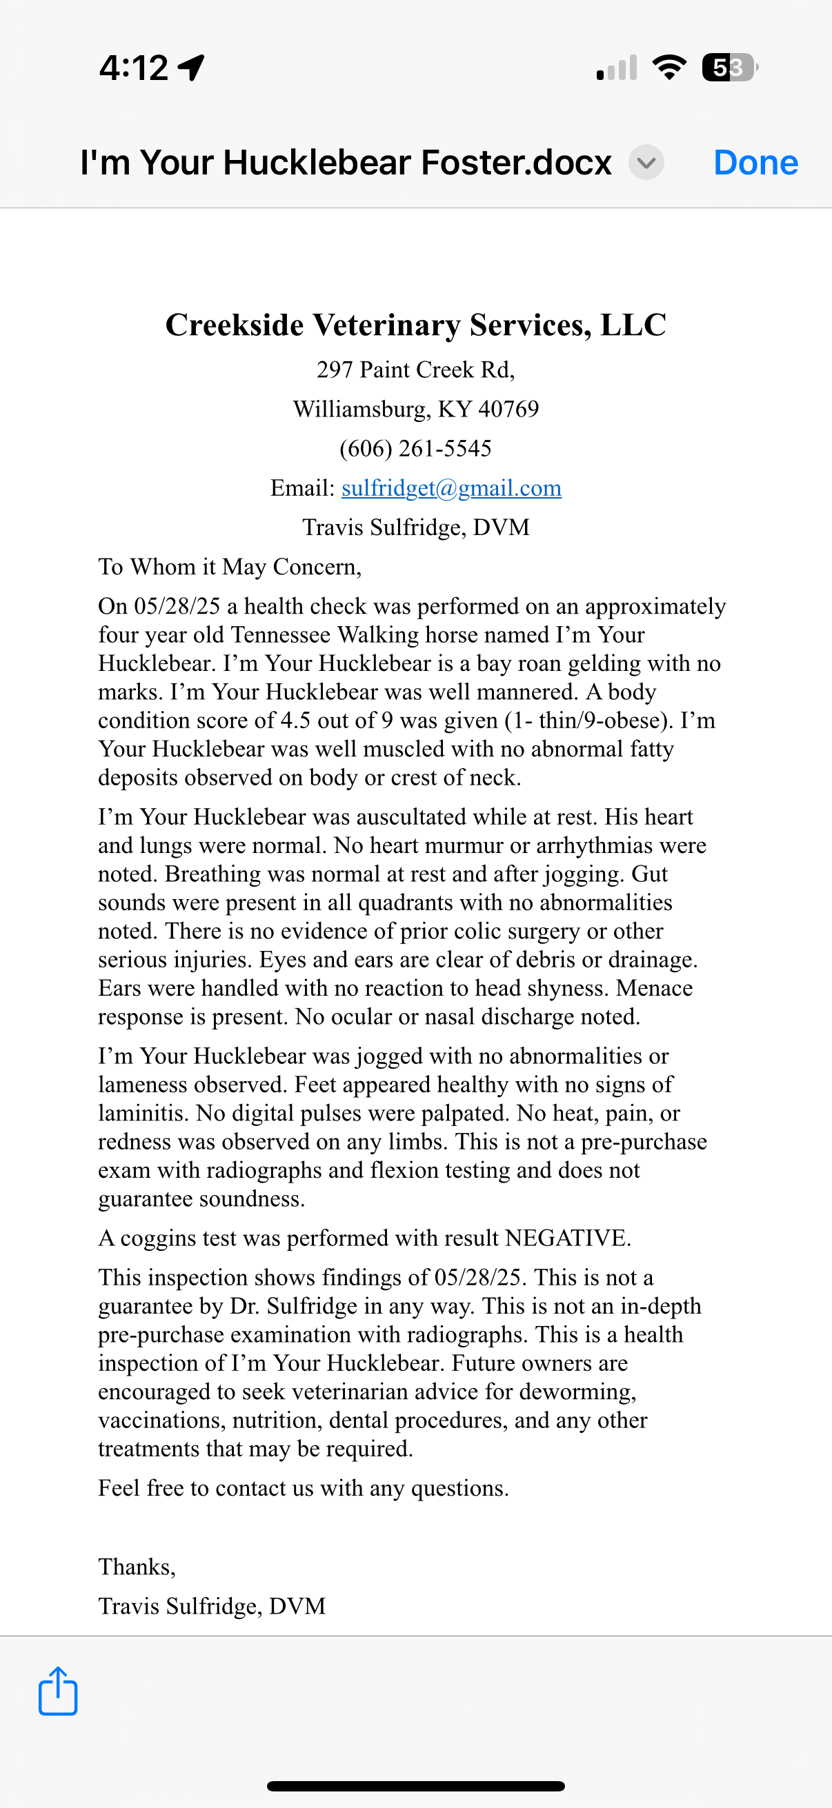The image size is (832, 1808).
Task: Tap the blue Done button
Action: pos(755,163)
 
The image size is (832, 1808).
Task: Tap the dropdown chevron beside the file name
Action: pos(646,163)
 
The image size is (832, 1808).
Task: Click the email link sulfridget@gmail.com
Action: pos(450,488)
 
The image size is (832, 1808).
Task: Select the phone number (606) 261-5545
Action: pos(415,448)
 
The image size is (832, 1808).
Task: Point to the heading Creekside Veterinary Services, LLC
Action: pos(415,325)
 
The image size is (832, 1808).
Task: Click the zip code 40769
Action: pos(508,409)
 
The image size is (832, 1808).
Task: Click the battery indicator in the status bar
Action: pos(729,68)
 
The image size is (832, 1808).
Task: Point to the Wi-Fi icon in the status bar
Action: pos(669,68)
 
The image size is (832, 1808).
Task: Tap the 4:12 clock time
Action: pos(133,68)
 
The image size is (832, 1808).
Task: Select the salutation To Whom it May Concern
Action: pos(230,566)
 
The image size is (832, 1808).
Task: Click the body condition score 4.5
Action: pos(295,721)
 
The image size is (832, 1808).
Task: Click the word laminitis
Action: pos(143,1113)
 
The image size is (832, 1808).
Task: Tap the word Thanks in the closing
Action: pos(135,1567)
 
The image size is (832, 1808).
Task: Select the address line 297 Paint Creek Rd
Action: pos(415,370)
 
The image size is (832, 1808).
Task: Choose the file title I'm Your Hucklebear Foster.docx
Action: pos(346,163)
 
